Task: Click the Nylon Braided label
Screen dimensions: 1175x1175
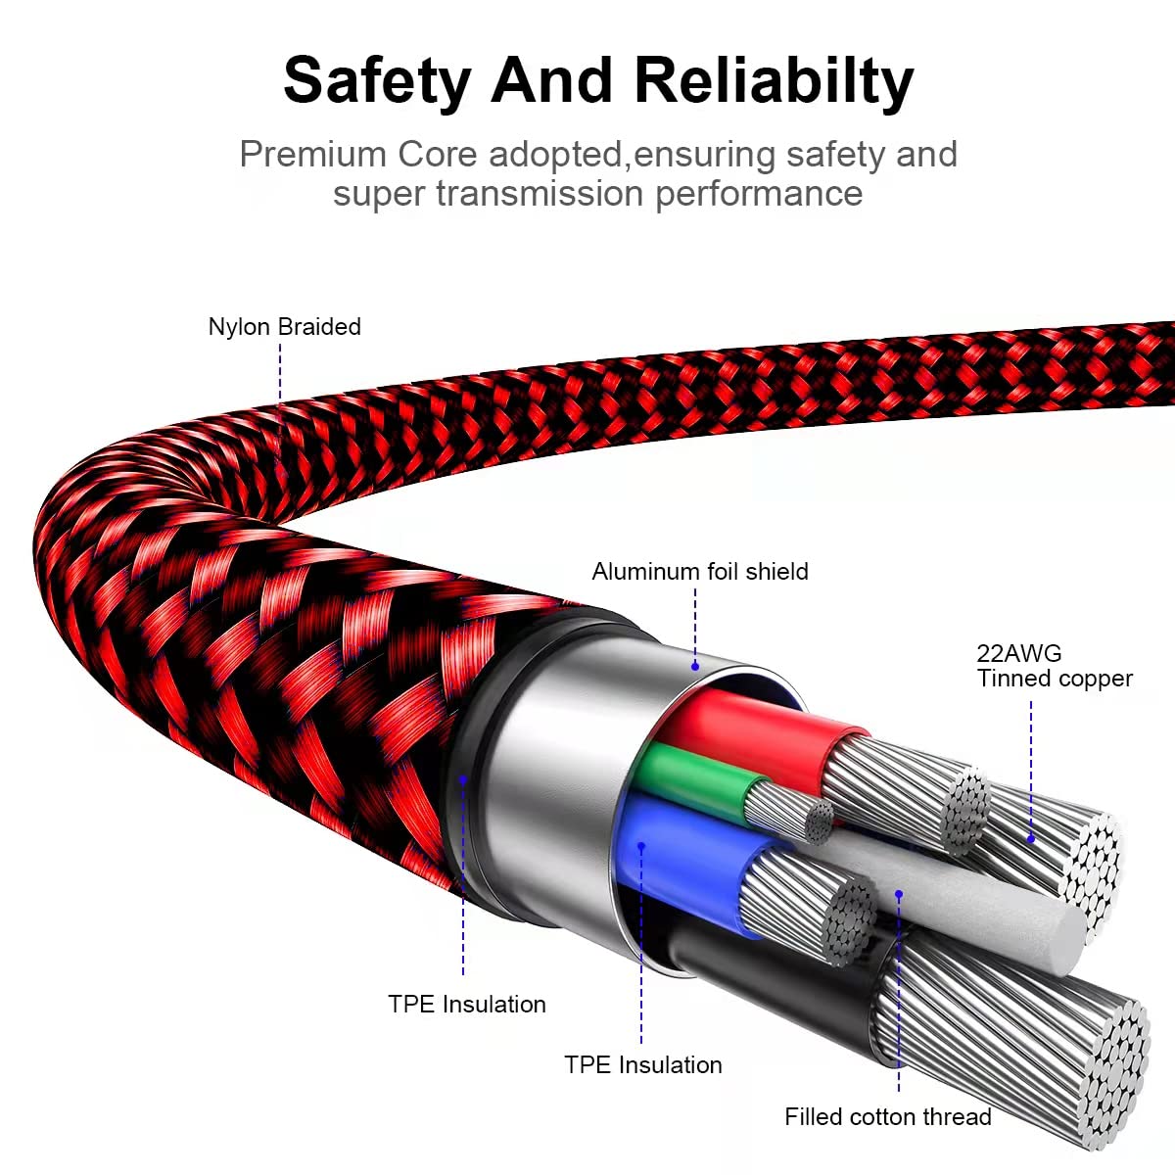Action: point(284,327)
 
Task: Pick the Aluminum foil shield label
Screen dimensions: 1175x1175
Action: point(700,572)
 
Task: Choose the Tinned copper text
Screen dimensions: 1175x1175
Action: point(1055,679)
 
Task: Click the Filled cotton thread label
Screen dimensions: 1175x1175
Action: point(887,1117)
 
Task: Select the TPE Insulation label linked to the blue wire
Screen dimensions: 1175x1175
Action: point(642,1065)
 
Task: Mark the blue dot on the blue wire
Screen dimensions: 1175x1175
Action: point(641,845)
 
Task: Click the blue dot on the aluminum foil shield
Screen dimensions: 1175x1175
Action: point(695,666)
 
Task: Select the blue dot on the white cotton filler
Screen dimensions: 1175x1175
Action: point(899,893)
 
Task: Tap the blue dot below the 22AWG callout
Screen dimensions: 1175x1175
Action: point(1031,839)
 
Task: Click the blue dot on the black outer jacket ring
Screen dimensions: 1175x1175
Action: point(463,779)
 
